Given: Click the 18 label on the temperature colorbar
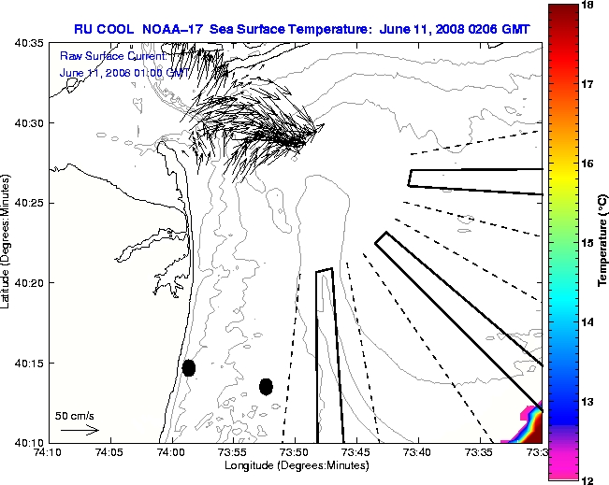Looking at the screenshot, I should click(589, 5).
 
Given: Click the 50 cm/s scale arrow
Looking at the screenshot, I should click(80, 431).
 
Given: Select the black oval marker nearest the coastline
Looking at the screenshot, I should click(189, 367).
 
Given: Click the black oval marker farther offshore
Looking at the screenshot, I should click(266, 386).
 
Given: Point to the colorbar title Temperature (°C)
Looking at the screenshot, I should click(604, 243).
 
